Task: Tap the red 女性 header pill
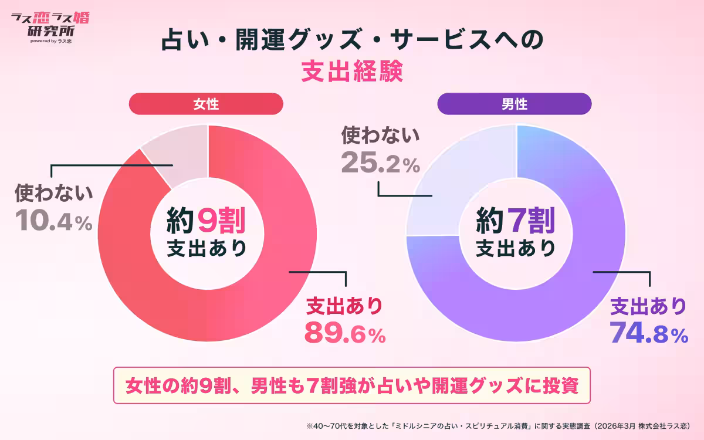206,104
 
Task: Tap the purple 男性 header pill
515,104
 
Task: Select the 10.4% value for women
53,219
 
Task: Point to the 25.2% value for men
381,163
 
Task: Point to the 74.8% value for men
648,333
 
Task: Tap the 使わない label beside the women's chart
53,193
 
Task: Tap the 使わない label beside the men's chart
381,136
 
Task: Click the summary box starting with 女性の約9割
352,385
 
